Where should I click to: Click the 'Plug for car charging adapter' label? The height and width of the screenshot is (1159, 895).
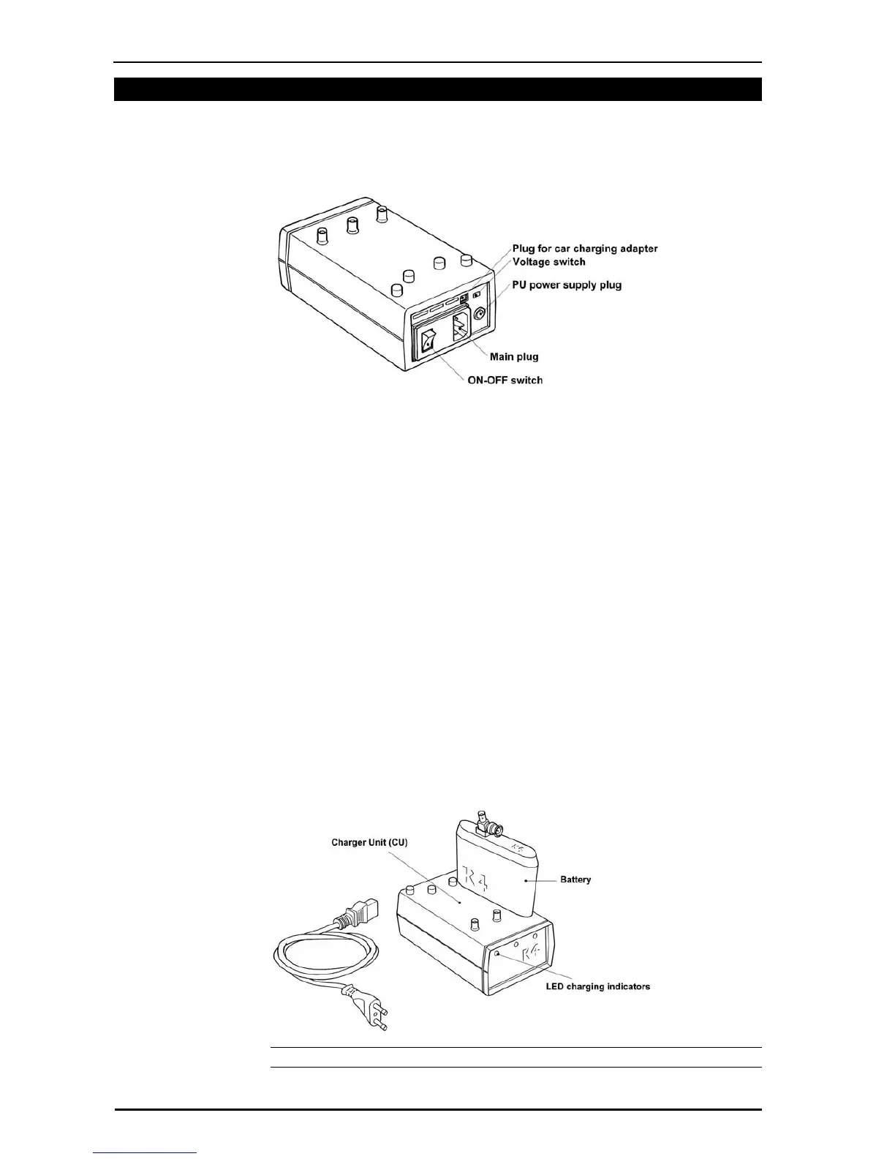[584, 249]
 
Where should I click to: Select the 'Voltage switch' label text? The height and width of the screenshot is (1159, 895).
[548, 262]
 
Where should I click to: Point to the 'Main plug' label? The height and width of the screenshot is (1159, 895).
[513, 357]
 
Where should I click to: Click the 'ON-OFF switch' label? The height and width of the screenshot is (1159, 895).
[505, 380]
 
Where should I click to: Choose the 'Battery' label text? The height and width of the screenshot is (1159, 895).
[575, 879]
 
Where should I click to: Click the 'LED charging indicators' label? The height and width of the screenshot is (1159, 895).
[597, 987]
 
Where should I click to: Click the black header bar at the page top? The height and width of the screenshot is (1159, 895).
[437, 89]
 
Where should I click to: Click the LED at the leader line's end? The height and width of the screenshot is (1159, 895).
[498, 954]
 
